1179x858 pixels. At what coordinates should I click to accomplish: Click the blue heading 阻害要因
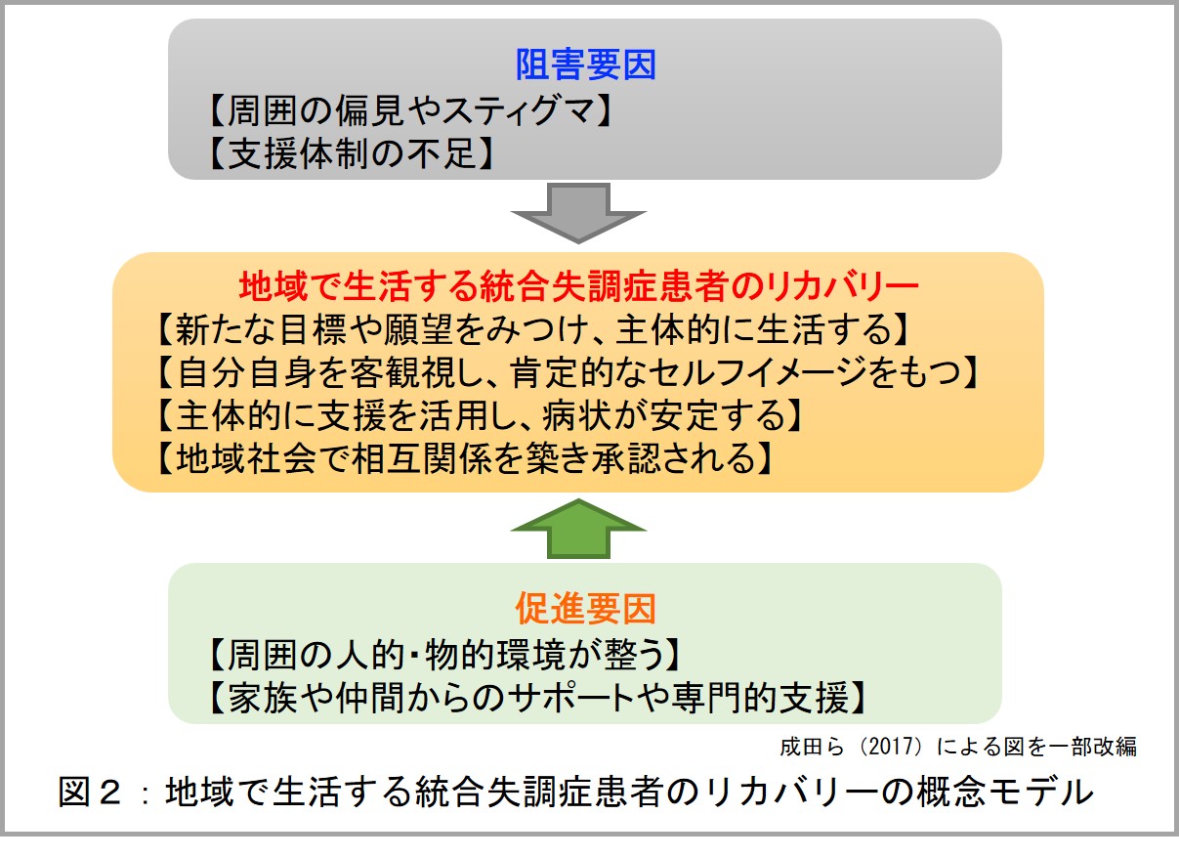[x=585, y=65]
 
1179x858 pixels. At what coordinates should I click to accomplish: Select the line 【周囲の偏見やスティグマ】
[x=410, y=110]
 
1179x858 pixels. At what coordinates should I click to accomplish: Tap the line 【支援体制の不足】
[x=351, y=153]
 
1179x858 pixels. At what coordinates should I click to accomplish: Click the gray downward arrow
[x=578, y=213]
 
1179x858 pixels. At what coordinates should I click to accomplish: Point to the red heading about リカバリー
[x=579, y=286]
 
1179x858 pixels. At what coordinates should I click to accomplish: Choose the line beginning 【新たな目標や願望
[x=532, y=329]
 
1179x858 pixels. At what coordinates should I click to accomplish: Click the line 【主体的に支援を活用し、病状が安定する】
[x=479, y=415]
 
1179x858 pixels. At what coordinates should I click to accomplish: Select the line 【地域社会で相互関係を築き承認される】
[x=464, y=457]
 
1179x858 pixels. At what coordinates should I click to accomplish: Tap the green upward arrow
[x=578, y=529]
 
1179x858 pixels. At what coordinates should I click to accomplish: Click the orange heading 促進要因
[x=585, y=609]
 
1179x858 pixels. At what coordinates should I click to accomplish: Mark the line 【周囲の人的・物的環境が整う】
[x=444, y=655]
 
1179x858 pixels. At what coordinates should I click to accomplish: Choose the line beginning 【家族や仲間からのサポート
[x=537, y=698]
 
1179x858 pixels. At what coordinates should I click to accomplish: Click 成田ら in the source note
[x=812, y=747]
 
